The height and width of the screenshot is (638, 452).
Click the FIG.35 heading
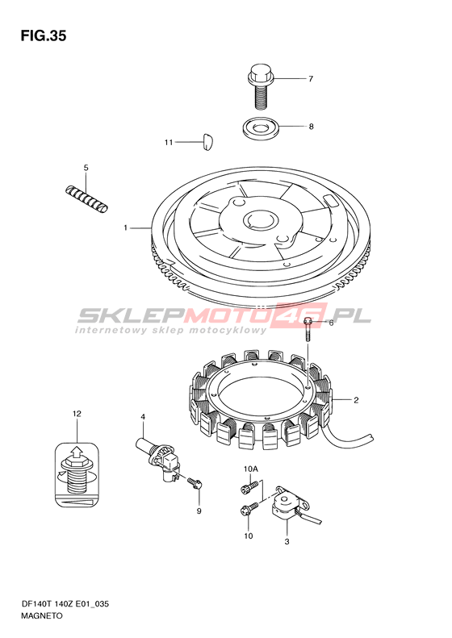pyautogui.click(x=43, y=36)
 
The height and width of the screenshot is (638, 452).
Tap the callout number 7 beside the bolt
pyautogui.click(x=311, y=78)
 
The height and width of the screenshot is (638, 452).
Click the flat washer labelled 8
pyautogui.click(x=260, y=128)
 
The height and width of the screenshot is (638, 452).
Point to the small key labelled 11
pyautogui.click(x=209, y=141)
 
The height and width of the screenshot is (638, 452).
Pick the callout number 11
pyautogui.click(x=169, y=142)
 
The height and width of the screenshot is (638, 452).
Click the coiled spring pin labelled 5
pyautogui.click(x=87, y=198)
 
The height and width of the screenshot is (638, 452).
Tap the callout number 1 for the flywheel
pyautogui.click(x=126, y=227)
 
